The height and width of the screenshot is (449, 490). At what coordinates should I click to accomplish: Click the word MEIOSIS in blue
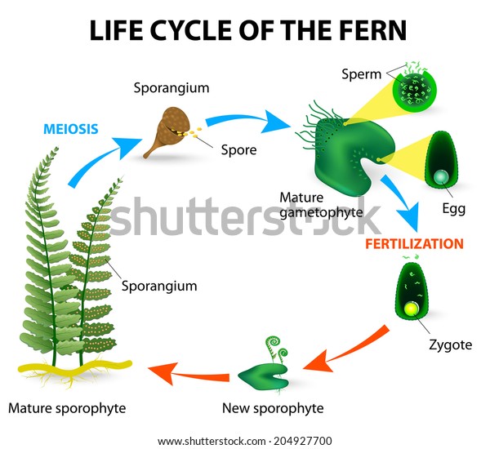click(71, 129)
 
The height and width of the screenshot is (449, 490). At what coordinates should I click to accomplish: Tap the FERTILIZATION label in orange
click(414, 244)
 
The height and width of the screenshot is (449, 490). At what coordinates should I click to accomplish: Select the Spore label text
click(238, 150)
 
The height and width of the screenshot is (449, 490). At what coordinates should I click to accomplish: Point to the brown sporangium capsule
click(167, 131)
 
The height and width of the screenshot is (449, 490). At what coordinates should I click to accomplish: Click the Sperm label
click(361, 74)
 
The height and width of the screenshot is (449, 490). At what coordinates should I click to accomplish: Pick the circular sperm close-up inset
click(414, 91)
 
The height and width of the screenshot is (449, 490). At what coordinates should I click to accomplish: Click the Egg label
click(454, 208)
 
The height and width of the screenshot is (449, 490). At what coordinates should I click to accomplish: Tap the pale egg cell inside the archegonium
click(441, 177)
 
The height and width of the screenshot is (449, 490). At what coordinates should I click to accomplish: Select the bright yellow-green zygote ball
click(412, 309)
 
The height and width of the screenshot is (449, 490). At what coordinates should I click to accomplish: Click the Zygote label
click(450, 345)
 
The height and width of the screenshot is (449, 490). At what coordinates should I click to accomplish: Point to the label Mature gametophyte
click(321, 205)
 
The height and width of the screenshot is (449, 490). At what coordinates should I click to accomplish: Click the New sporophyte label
click(273, 408)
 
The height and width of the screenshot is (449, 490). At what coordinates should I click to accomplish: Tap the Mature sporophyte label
click(67, 408)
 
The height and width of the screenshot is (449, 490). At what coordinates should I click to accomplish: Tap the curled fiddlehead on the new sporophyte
click(274, 342)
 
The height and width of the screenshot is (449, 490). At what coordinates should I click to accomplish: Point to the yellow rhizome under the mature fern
click(75, 367)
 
